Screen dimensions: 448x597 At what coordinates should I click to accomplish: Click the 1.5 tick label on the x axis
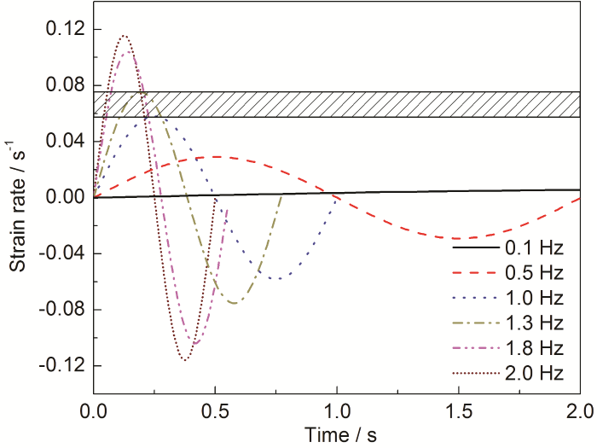point(459,412)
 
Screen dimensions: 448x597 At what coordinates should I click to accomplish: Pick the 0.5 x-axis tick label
point(215,412)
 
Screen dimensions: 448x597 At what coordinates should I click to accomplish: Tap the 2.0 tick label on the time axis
point(580,412)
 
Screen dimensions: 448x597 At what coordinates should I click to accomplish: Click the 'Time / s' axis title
point(339,434)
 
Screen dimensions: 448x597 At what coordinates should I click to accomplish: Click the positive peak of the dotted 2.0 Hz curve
point(125,36)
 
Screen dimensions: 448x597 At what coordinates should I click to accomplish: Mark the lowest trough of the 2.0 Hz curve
point(185,360)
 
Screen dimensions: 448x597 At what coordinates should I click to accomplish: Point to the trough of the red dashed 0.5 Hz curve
point(460,238)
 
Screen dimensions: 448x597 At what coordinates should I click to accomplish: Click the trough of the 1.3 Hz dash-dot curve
point(234,303)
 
